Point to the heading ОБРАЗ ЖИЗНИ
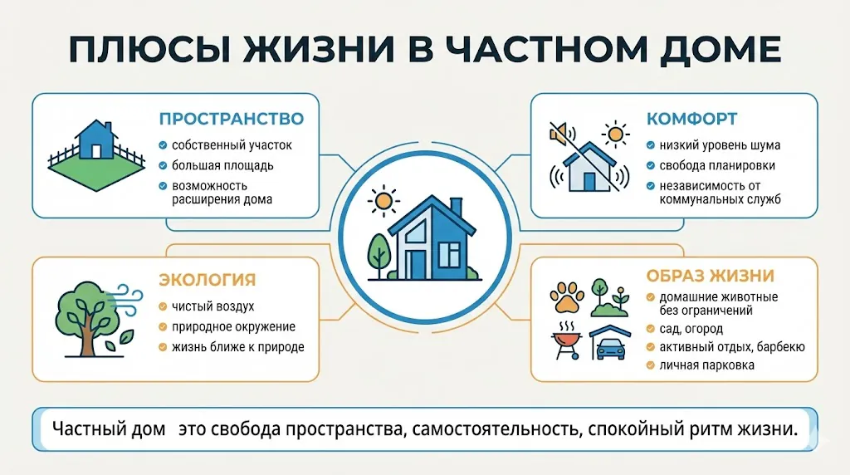click(x=711, y=276)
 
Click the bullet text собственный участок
click(x=232, y=145)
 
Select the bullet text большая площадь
click(x=222, y=165)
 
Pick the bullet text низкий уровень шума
click(x=720, y=145)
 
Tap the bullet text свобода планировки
click(x=720, y=165)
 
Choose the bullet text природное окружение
click(x=233, y=327)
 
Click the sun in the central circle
click(x=383, y=200)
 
